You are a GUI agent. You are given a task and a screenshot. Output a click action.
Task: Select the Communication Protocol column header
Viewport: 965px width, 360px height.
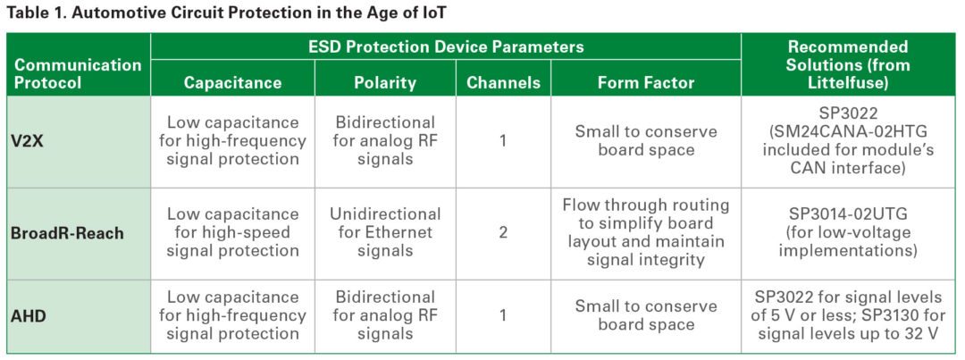[x=78, y=73]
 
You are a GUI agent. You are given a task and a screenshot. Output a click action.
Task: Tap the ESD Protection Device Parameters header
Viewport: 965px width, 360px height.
[x=445, y=46]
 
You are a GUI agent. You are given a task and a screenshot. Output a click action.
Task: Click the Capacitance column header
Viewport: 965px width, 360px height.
[x=232, y=82]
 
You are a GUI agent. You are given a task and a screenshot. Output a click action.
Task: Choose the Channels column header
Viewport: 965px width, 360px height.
[x=503, y=82]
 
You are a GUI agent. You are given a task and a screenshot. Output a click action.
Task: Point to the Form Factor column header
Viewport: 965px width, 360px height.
[x=646, y=82]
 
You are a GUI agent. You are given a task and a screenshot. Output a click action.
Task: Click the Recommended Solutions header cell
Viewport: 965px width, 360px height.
[x=848, y=64]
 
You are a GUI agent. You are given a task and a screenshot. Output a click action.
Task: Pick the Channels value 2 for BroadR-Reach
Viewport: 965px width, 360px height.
[x=503, y=232]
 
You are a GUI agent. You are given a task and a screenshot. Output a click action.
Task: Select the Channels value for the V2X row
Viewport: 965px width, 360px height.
[x=503, y=141]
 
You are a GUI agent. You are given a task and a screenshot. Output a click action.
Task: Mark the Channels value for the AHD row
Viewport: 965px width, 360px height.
[x=503, y=315]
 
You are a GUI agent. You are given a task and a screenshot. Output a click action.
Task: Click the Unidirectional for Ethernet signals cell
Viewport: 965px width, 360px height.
[x=385, y=232]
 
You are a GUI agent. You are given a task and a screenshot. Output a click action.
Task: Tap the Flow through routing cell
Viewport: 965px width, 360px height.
[x=646, y=232]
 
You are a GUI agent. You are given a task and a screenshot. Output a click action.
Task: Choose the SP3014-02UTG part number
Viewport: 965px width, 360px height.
[x=848, y=214]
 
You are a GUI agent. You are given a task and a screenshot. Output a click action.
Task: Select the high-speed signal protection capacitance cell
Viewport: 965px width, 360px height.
[x=232, y=232]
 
